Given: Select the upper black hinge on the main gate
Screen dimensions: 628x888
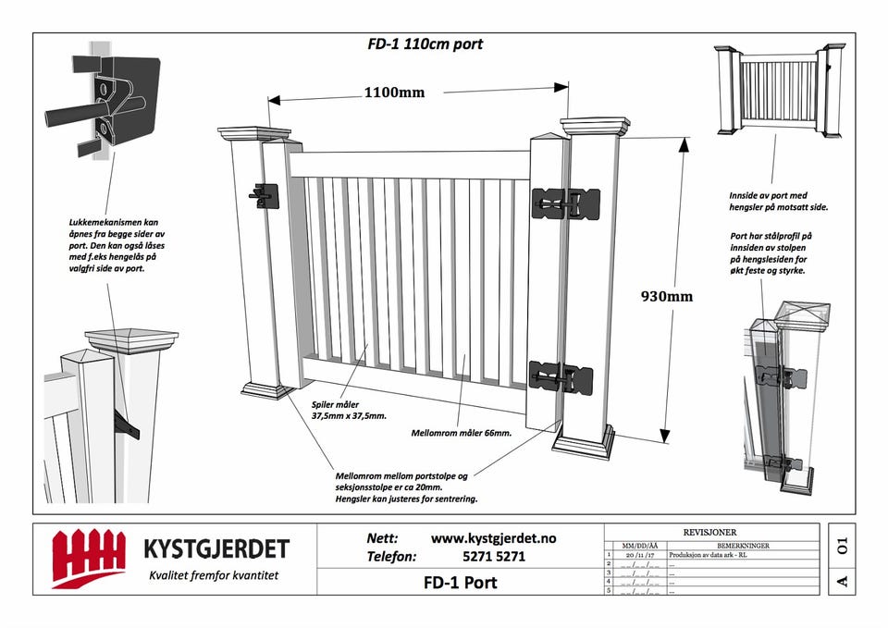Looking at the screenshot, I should pyautogui.click(x=561, y=201).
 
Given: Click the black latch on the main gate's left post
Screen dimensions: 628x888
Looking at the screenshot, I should pyautogui.click(x=263, y=194).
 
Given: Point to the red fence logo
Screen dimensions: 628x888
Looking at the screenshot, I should pyautogui.click(x=88, y=558).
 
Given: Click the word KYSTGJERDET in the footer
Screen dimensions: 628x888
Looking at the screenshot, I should pyautogui.click(x=216, y=548).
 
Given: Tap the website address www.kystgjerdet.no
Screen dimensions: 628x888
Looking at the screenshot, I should pyautogui.click(x=493, y=538).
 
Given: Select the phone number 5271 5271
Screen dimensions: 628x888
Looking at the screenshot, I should pyautogui.click(x=493, y=557).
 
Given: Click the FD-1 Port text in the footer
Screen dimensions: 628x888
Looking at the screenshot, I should pyautogui.click(x=460, y=583).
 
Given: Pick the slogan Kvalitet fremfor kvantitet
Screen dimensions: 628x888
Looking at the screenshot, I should pyautogui.click(x=214, y=575).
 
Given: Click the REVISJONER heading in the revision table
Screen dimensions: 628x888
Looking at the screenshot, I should pyautogui.click(x=711, y=534).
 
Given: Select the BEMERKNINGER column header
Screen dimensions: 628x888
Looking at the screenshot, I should pyautogui.click(x=743, y=546).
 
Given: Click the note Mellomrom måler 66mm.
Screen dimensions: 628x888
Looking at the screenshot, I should pyautogui.click(x=461, y=432).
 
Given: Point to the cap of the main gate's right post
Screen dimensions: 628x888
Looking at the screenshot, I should pyautogui.click(x=596, y=126).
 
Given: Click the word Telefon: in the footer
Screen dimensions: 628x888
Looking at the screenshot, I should pyautogui.click(x=392, y=557).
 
